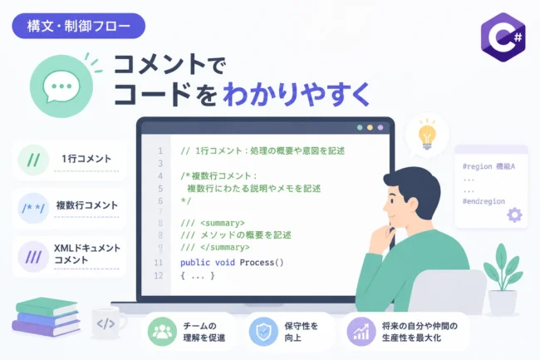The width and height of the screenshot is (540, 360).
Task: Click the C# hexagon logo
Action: (x=503, y=37)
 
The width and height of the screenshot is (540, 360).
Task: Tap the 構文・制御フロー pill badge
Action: (x=79, y=26)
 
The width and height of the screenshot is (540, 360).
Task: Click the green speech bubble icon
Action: (x=61, y=86)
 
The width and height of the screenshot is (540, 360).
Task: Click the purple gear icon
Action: (x=514, y=215)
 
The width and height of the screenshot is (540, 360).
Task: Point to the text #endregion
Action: (x=484, y=201)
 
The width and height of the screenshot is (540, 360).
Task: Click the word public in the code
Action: (x=195, y=263)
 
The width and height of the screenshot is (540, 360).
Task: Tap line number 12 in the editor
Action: (x=158, y=275)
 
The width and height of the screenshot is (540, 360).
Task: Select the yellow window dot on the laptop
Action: (x=370, y=127)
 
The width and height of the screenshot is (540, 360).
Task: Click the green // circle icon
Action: (x=33, y=160)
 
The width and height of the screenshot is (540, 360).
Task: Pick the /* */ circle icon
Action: (x=33, y=208)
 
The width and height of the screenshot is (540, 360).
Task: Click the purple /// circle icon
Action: (x=33, y=257)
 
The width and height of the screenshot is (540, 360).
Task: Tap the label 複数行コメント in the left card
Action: (x=86, y=205)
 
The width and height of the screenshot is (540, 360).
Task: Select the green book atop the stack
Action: (x=47, y=306)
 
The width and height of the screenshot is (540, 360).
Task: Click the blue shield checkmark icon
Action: (x=263, y=332)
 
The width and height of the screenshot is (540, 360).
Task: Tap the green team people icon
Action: (x=162, y=332)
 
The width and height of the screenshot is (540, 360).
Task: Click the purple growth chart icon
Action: (x=361, y=332)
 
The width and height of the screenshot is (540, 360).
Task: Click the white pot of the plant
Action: (x=503, y=302)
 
